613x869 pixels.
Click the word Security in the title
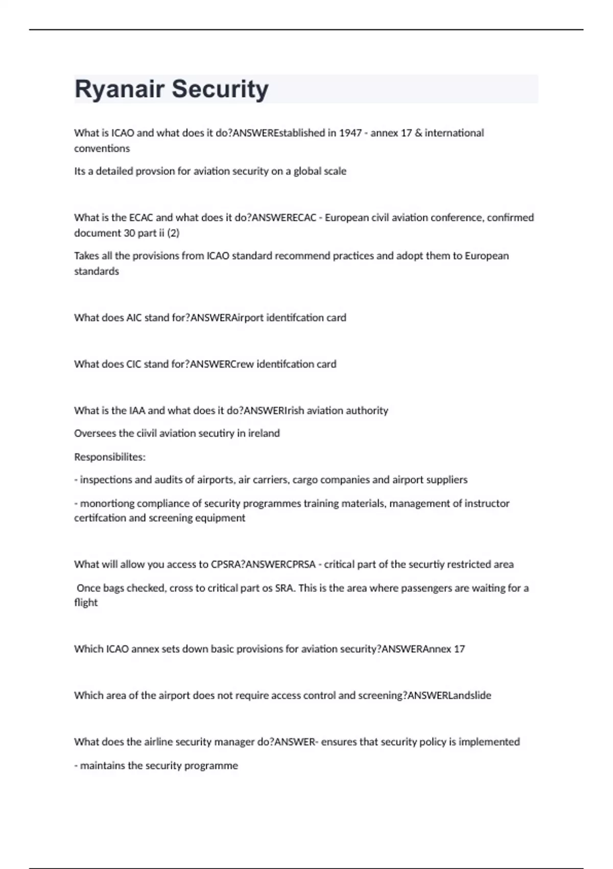click(220, 89)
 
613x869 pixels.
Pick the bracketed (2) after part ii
click(173, 233)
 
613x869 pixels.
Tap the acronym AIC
click(134, 317)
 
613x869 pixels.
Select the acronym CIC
click(134, 364)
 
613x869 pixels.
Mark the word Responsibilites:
click(110, 457)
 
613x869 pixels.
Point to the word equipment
click(223, 518)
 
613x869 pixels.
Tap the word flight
click(86, 603)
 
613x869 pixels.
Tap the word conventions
click(102, 149)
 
